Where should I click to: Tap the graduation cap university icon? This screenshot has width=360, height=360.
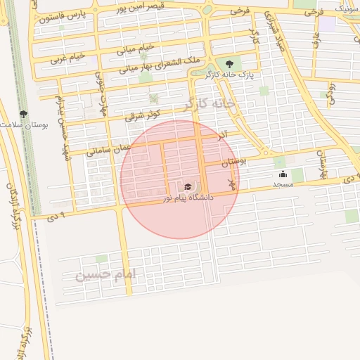tap(188, 187)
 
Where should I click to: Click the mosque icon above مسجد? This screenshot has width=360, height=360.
tap(283, 174)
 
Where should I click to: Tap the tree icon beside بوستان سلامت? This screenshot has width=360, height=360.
tap(23, 113)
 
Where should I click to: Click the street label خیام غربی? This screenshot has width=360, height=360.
tap(67, 58)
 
